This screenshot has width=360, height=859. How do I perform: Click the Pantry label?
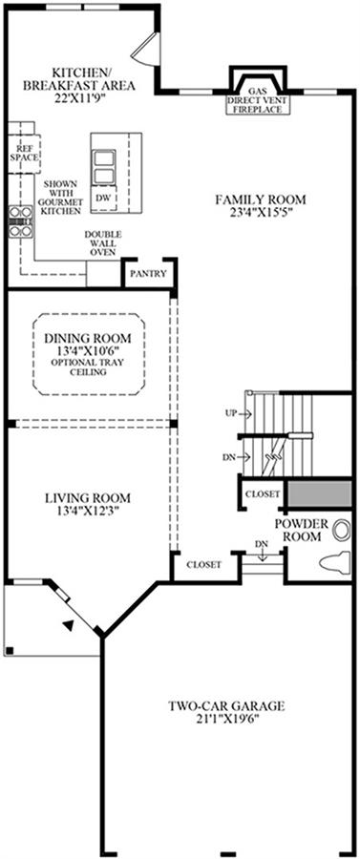149,273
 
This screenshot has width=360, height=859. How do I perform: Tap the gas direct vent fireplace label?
259,100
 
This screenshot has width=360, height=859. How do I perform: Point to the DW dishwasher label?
103,199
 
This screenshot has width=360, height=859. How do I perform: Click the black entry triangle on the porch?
68,624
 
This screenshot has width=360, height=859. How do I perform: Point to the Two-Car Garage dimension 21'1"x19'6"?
226,719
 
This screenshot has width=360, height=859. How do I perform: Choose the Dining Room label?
88,337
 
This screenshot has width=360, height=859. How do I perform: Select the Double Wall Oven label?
103,243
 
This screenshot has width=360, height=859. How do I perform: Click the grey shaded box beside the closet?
320,493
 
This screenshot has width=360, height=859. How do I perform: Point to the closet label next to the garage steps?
203,564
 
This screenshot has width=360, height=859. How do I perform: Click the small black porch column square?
9,651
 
